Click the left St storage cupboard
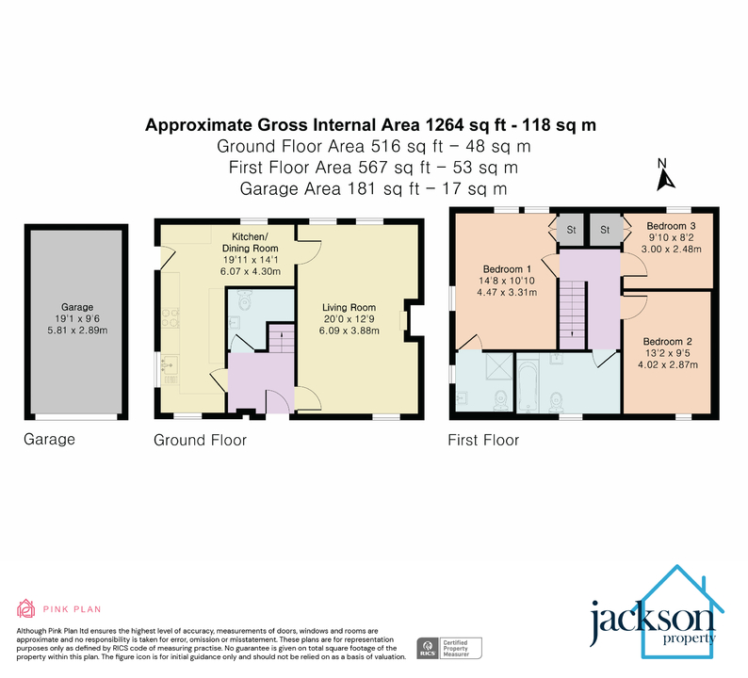pos(570,229)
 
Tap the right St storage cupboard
pos(604,229)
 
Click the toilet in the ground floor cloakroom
pos(245,303)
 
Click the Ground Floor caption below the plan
pos(200,440)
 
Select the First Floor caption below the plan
pos(483,440)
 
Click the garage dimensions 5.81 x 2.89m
pos(78,330)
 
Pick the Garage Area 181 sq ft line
pos(375,188)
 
